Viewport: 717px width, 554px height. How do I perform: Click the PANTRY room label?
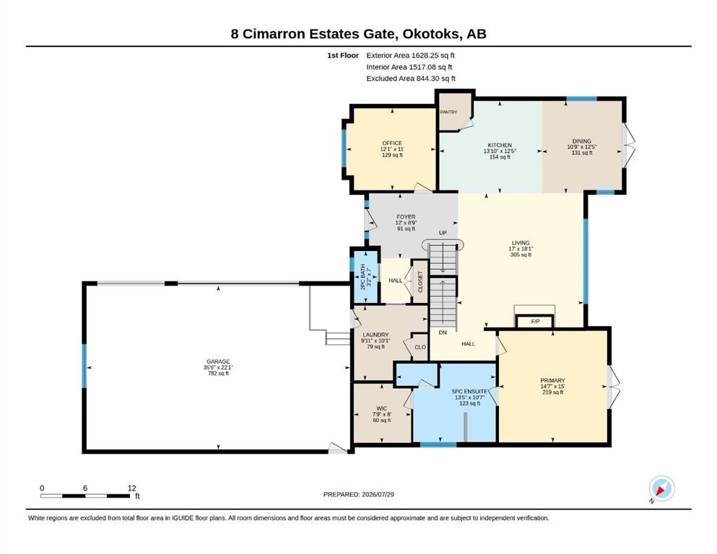pos(448,112)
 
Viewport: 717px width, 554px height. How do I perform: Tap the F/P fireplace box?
pos(535,322)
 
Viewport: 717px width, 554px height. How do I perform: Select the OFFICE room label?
pos(392,143)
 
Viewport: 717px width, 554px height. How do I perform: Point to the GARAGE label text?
pos(218,361)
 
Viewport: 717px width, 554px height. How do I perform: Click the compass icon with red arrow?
pos(661,488)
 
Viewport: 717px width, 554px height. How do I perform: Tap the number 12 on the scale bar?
pos(131,488)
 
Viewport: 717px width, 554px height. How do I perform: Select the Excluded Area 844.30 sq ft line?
pos(411,79)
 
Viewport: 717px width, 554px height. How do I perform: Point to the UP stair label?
pos(443,233)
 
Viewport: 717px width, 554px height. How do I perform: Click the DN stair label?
pos(443,333)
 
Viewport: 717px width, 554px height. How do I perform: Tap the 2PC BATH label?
pos(363,277)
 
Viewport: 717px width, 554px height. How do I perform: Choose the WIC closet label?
pos(382,409)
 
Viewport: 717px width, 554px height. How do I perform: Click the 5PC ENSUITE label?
pos(469,392)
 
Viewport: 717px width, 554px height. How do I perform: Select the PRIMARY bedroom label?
pos(552,380)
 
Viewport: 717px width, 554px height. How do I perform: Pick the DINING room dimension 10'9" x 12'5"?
pos(582,147)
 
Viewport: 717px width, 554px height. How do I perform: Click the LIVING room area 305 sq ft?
pos(521,255)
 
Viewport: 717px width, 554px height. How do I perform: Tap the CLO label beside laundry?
pos(420,347)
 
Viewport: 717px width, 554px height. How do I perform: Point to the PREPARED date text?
pos(358,494)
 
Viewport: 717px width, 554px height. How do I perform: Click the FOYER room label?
pos(406,217)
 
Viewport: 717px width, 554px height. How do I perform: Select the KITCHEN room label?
pos(500,145)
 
